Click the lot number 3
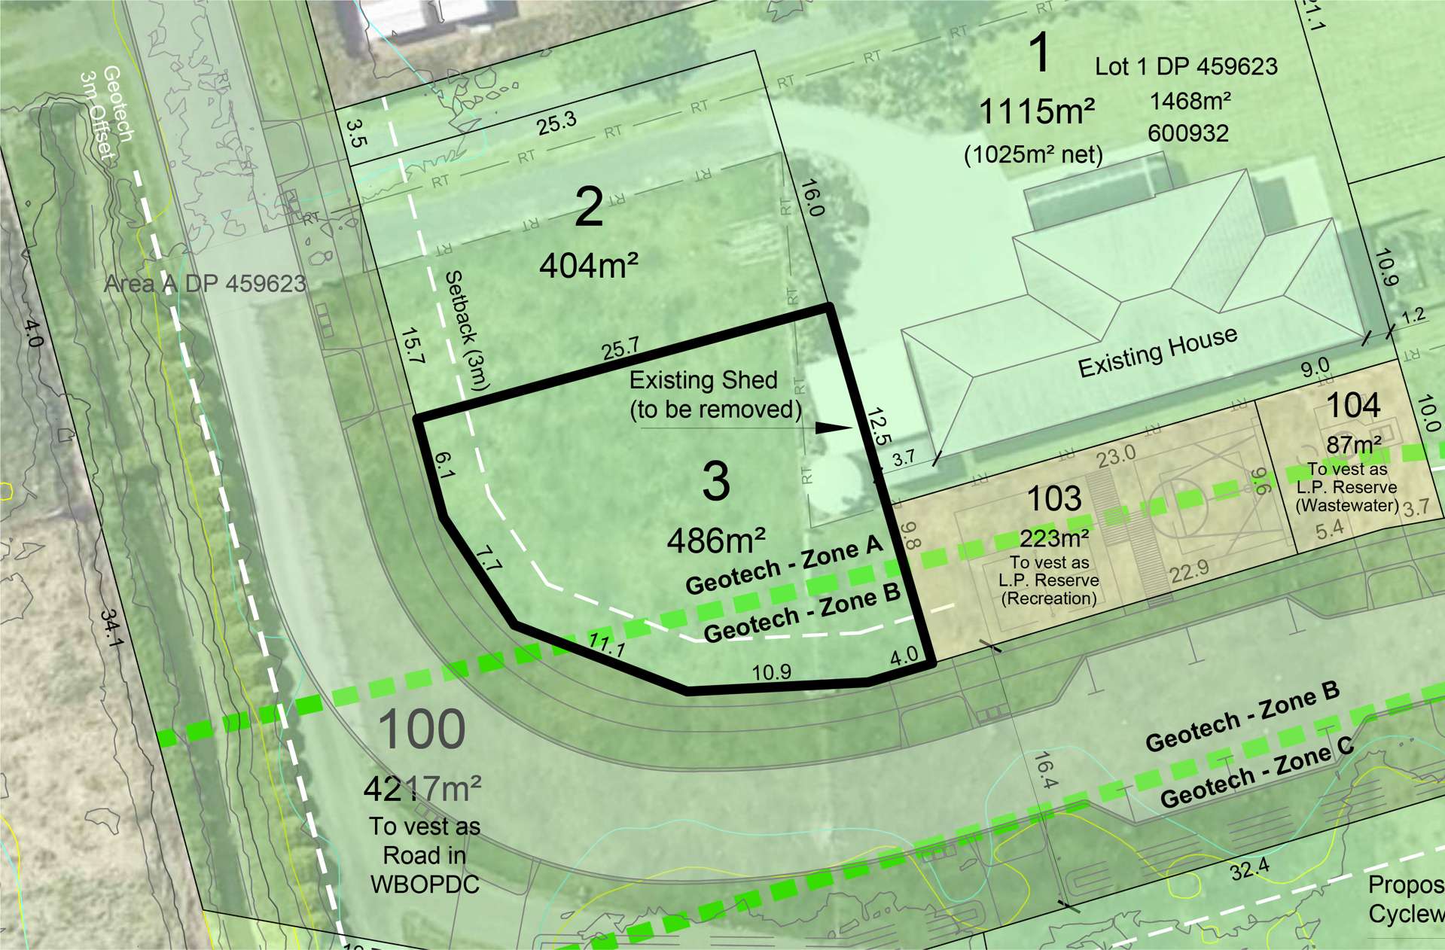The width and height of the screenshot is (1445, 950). coord(715,482)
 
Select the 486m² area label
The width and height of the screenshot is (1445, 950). coord(715,540)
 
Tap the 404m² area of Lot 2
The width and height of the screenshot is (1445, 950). coord(588,265)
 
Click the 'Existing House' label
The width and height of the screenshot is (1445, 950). coord(1157,352)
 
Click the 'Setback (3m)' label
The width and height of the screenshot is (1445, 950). coord(467,330)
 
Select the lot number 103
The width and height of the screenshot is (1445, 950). coord(1054,498)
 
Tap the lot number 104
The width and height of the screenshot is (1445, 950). coord(1352,406)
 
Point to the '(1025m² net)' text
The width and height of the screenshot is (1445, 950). coord(1033,155)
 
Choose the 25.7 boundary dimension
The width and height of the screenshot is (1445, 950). coord(620,349)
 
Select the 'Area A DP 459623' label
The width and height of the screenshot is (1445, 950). coord(205,284)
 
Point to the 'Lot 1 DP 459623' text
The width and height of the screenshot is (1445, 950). coord(1186,67)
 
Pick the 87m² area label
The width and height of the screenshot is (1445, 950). coord(1353,445)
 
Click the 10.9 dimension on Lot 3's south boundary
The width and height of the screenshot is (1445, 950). coord(772,671)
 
